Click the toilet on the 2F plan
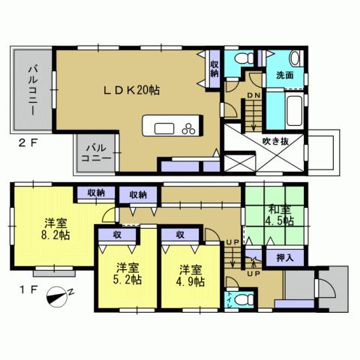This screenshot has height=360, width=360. (x=241, y=58)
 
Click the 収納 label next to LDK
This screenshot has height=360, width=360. (x=214, y=69)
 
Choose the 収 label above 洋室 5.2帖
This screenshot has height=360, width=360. (x=118, y=235)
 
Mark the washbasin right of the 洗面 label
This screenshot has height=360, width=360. (x=294, y=59)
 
